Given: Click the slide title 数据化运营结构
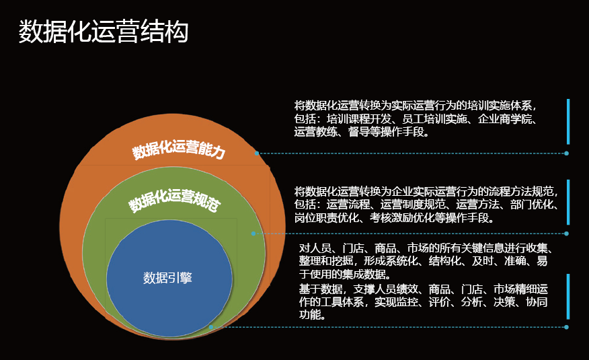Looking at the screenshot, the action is point(104,32).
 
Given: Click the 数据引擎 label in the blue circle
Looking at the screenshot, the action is point(167,278).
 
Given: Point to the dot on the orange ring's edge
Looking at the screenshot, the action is point(257,153).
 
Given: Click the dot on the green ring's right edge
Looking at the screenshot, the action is point(253,233).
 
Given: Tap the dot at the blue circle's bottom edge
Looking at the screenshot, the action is point(211,327).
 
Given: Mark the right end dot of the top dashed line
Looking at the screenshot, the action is point(566,153).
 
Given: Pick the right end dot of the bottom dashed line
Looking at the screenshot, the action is point(566,327).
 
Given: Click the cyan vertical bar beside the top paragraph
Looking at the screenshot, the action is point(568,122).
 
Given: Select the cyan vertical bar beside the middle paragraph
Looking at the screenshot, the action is point(568,202).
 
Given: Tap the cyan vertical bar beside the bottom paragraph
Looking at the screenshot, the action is point(568,297).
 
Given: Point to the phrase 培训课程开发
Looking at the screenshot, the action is point(359,119).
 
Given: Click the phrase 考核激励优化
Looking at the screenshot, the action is point(402,217).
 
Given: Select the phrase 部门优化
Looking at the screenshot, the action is point(532,205).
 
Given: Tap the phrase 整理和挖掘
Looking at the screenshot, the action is point(326,261).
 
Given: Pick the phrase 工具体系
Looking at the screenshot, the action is point(342,301).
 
